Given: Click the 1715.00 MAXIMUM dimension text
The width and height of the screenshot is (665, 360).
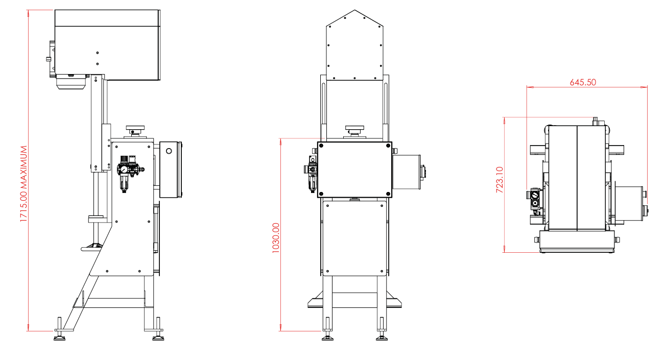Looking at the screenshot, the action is tap(23, 184).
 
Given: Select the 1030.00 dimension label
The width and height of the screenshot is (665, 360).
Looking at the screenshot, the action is tap(276, 238).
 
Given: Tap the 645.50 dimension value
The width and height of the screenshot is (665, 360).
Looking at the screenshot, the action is tap(583, 82).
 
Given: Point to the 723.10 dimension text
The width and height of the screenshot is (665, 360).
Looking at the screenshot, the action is tap(500, 180).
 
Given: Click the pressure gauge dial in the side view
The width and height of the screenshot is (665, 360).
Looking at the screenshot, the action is tap(124, 170).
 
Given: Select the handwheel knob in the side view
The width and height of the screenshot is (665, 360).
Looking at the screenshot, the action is tap(135, 130).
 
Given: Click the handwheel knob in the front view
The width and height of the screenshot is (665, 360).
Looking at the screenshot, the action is tap(354, 130).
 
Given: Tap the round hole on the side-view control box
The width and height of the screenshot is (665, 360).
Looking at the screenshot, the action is tap(169, 151).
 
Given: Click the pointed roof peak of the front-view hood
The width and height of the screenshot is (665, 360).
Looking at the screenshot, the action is tap(354, 10).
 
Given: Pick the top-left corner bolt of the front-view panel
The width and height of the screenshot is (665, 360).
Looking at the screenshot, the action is tap(321, 146).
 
